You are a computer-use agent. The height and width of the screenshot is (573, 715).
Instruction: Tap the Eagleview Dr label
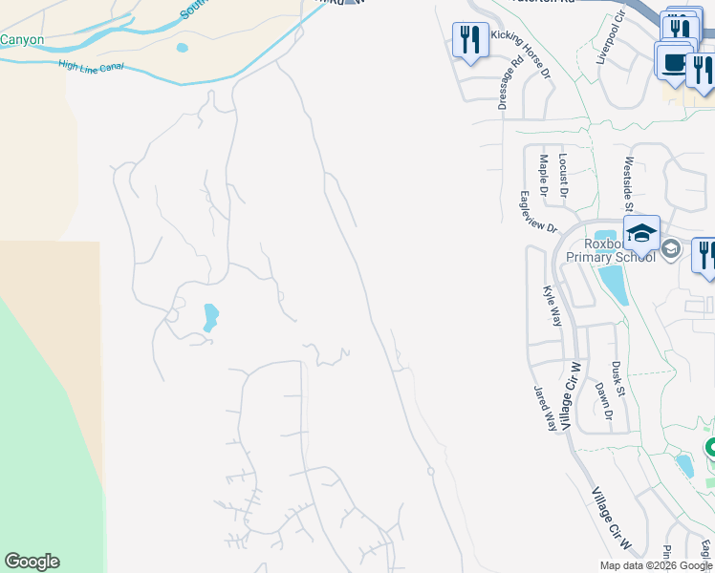point(538,214)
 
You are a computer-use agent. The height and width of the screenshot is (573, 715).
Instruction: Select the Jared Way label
point(545,409)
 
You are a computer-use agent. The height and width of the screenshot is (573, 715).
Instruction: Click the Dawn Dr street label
point(602,401)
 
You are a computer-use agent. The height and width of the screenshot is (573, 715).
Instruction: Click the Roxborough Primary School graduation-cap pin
point(641,233)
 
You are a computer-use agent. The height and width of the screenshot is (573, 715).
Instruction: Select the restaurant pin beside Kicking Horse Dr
point(469,40)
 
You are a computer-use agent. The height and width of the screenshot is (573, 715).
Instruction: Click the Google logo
point(32,562)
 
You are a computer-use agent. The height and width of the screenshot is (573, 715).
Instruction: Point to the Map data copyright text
point(656,565)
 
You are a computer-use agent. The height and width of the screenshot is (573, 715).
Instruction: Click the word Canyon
point(22,40)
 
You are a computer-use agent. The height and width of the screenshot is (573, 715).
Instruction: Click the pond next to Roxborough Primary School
point(612,284)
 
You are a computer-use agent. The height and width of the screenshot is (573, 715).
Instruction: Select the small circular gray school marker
point(671,249)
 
